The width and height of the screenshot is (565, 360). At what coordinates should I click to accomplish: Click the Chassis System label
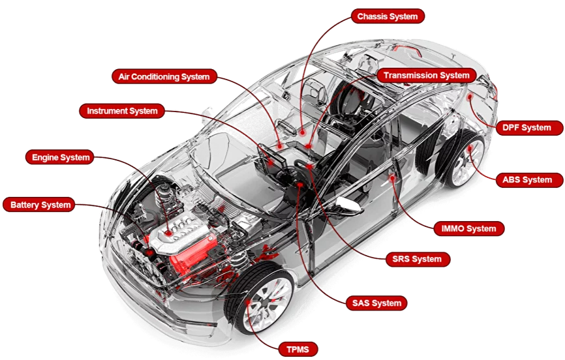[x=388, y=16]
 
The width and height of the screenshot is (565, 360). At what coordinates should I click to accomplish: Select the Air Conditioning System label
[x=164, y=76]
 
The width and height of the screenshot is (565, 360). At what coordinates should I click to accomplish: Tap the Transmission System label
[x=426, y=76]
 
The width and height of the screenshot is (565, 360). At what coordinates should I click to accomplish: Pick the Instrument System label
[x=122, y=111]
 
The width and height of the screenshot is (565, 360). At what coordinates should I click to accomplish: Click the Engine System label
[x=61, y=157]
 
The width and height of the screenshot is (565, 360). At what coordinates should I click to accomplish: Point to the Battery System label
[x=40, y=205]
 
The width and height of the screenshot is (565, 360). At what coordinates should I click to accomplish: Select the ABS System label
[x=527, y=179]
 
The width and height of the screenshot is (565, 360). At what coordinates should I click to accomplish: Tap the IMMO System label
[x=468, y=228]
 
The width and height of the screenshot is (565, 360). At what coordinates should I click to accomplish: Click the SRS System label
[x=418, y=259]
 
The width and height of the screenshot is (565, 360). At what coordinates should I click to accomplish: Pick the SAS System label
[x=376, y=303]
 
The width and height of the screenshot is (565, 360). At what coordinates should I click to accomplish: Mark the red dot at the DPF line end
[x=469, y=97]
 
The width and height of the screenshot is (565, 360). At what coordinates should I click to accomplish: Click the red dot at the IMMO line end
[x=392, y=176]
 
